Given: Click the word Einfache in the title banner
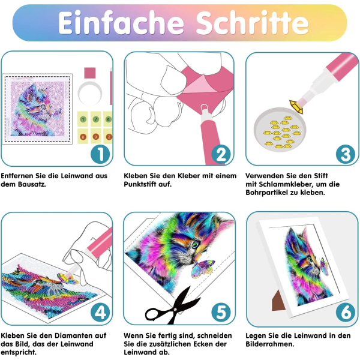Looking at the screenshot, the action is tap(121, 23).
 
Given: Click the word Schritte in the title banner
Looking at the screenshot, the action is tap(252, 23).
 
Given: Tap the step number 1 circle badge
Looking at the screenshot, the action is tap(100, 154).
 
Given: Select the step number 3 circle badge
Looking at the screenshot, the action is tap(346, 154).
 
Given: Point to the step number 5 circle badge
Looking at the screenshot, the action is tap(221, 312).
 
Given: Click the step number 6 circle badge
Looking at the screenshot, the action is tap(346, 312).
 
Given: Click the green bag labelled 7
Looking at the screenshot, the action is tap(96, 119).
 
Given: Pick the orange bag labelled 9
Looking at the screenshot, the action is tap(96, 136).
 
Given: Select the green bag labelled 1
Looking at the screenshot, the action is tap(83, 119).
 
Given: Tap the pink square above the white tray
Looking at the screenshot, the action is tap(90, 73).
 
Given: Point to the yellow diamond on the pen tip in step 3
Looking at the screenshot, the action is tap(296, 107).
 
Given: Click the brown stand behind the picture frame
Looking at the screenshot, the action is tap(278, 301).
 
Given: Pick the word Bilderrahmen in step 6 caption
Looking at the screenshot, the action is tap(270, 344).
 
